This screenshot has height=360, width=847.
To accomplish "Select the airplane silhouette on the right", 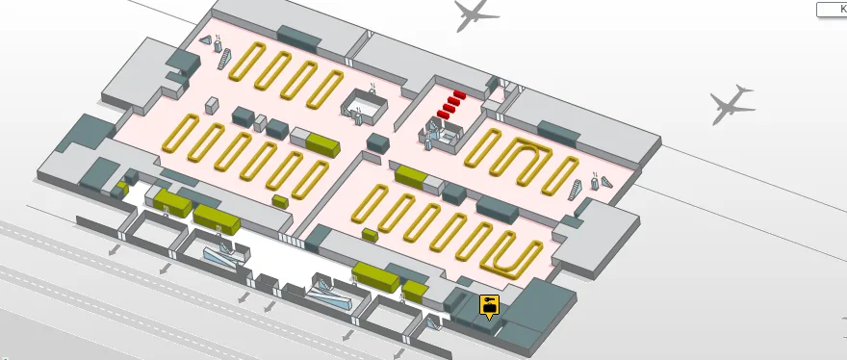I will click(x=731, y=103).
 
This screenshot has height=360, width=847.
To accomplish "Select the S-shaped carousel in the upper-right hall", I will click(x=527, y=158).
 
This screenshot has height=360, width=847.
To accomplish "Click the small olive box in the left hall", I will click(x=280, y=201).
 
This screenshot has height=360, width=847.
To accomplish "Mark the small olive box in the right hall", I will click(x=370, y=235).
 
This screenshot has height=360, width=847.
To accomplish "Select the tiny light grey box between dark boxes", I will click(x=260, y=122).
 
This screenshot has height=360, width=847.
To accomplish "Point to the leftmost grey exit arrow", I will click(x=114, y=250).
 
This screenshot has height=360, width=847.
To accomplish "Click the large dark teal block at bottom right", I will click(x=535, y=310).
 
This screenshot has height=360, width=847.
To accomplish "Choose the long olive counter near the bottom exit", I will click(x=375, y=276).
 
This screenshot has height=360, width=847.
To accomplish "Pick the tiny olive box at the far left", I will click(x=123, y=182).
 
